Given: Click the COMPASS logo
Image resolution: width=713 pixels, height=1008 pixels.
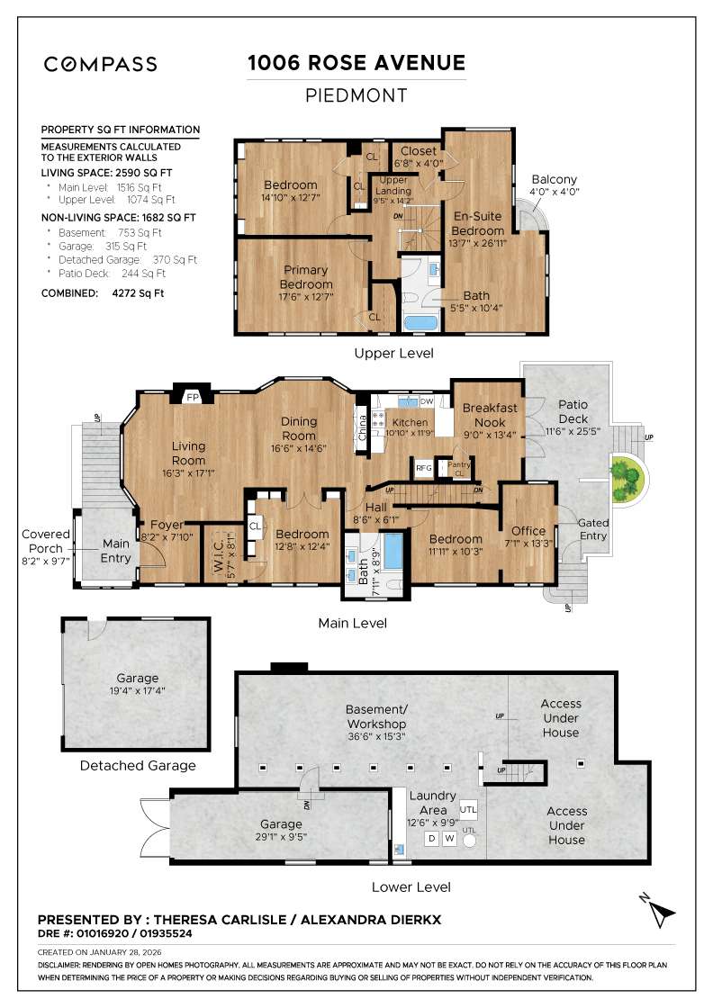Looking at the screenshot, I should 101,64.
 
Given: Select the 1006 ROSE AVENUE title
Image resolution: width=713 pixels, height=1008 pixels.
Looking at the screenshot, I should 356,63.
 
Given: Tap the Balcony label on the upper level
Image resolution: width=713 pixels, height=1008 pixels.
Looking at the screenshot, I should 554,179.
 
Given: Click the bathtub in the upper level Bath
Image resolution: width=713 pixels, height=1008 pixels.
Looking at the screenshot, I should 418,323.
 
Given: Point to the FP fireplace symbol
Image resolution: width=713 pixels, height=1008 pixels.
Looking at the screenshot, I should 192,397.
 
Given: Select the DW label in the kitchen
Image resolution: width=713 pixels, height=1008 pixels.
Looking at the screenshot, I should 427,401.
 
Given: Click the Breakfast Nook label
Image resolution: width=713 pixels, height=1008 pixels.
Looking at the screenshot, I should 490,414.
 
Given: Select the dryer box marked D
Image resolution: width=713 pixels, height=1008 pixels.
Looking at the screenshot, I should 431,839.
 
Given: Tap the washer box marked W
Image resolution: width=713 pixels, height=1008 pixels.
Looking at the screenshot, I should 449,839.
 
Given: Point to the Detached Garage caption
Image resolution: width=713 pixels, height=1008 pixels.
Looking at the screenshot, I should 137,766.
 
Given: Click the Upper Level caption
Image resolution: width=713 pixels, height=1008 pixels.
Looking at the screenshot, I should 393,353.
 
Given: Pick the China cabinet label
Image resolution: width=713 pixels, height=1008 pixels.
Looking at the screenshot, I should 361,423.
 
